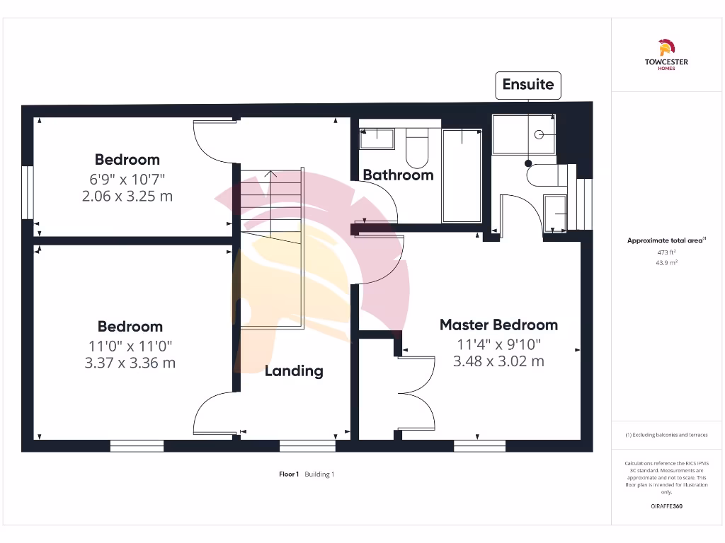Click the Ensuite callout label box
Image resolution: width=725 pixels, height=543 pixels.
pyautogui.click(x=527, y=85)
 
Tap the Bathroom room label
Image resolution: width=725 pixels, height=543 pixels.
pyautogui.click(x=398, y=175)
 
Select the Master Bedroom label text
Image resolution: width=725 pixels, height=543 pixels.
pyautogui.click(x=498, y=325)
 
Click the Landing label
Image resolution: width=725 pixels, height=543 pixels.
pyautogui.click(x=294, y=370)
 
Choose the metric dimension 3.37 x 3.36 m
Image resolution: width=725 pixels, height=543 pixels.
pyautogui.click(x=130, y=363)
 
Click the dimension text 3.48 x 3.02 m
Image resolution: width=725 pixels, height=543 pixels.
pyautogui.click(x=498, y=361)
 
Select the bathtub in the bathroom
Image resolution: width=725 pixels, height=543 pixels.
pyautogui.click(x=462, y=175)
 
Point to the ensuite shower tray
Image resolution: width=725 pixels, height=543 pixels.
pyautogui.click(x=524, y=134)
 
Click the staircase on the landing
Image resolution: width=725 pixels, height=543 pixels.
pyautogui.click(x=271, y=247)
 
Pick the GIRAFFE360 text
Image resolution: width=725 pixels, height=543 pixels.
pyautogui.click(x=666, y=506)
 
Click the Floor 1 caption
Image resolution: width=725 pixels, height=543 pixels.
pyautogui.click(x=289, y=474)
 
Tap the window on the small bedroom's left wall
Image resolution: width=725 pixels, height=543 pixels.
pyautogui.click(x=28, y=192)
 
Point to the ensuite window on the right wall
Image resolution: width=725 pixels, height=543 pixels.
pyautogui.click(x=584, y=204)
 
